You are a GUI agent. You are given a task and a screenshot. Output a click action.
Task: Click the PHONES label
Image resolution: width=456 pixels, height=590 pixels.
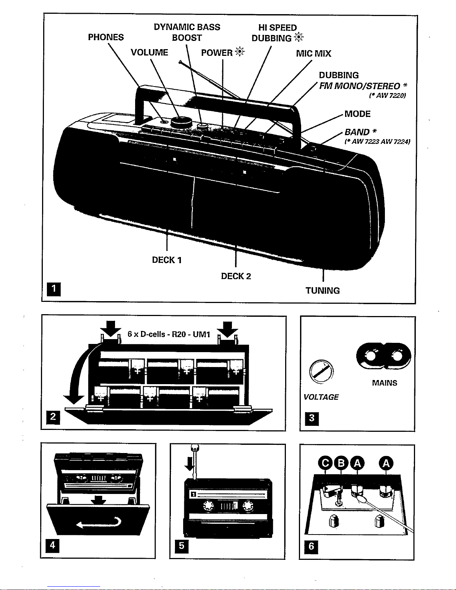(x=106, y=37)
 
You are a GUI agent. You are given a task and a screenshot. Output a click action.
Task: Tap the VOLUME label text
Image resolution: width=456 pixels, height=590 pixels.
(x=149, y=52)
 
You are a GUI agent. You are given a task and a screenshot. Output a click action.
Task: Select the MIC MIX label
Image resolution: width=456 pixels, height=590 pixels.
(x=313, y=54)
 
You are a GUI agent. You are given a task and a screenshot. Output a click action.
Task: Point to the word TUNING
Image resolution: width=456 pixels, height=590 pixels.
(x=323, y=291)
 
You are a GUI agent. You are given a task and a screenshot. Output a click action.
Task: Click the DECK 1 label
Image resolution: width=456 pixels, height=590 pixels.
(x=167, y=260)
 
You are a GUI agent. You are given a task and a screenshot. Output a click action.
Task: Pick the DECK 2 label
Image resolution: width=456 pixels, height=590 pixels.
(x=236, y=276)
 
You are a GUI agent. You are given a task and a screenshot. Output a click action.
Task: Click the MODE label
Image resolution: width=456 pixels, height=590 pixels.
(x=357, y=114)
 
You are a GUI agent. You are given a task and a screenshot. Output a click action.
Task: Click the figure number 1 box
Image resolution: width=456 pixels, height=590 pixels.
(x=54, y=289)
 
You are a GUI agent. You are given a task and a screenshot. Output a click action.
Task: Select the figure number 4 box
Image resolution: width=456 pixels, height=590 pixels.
(x=52, y=545)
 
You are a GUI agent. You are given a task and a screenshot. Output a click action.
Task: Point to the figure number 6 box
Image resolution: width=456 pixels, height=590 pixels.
(x=312, y=546)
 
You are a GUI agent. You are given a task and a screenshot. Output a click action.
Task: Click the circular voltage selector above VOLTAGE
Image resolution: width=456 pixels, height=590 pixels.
(x=321, y=371)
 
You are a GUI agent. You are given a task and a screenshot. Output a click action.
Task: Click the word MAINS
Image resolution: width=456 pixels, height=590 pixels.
(x=385, y=383)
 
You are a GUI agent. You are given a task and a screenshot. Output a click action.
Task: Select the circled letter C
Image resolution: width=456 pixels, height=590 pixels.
(x=326, y=463)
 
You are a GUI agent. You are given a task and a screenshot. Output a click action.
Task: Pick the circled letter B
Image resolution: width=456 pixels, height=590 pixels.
(x=341, y=463)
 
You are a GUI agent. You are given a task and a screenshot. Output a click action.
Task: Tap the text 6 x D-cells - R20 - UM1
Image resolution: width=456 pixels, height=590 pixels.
(x=169, y=334)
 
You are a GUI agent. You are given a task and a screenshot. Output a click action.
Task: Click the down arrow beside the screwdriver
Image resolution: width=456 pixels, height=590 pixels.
(x=189, y=464)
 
